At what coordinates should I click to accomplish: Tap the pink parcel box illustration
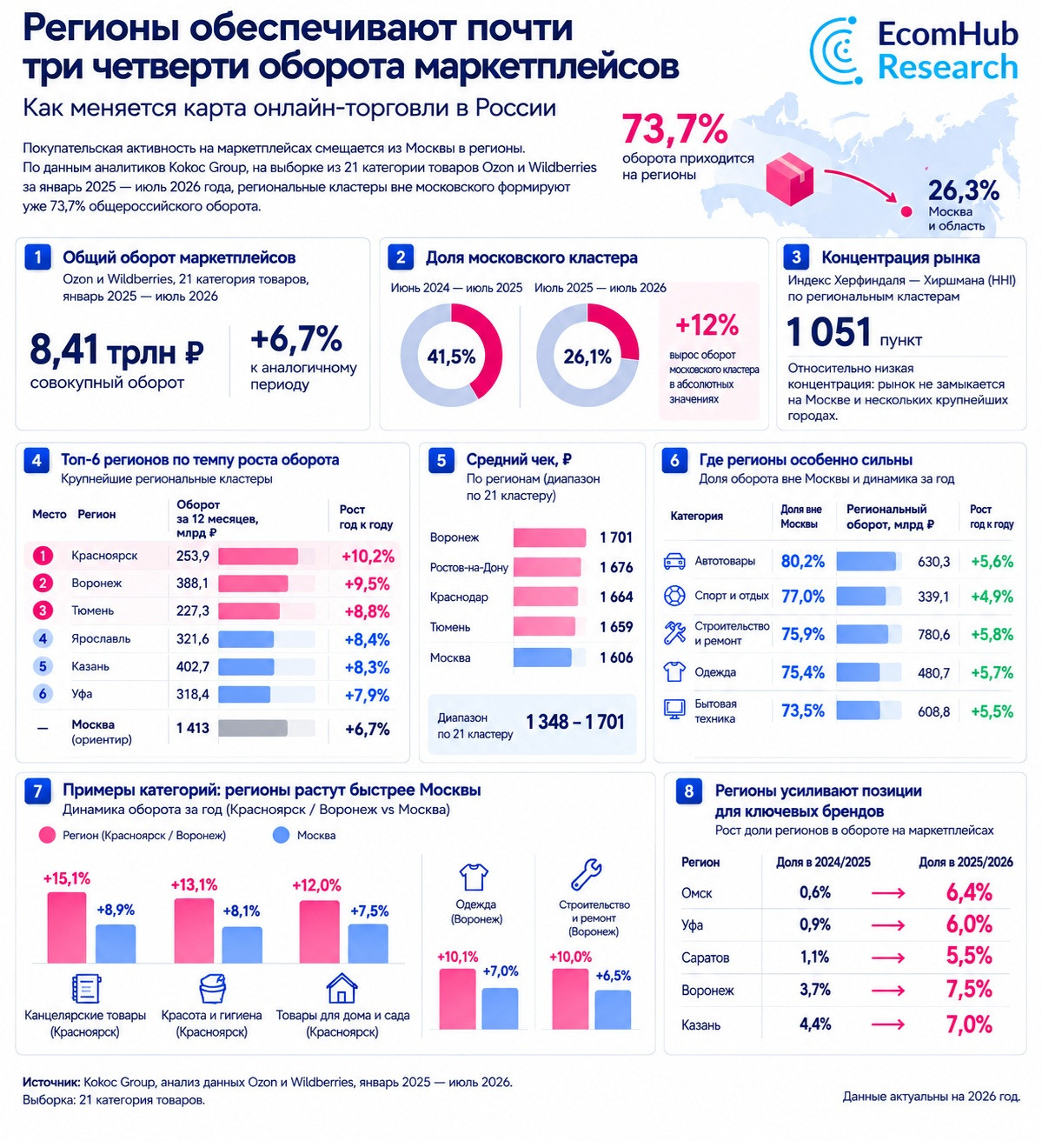click(790, 178)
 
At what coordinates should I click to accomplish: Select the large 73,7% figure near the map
click(674, 129)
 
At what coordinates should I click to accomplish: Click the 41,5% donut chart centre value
click(451, 357)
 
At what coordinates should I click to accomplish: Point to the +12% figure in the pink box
click(707, 324)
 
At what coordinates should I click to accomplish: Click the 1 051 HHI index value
click(829, 331)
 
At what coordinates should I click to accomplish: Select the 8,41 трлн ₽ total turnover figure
click(116, 350)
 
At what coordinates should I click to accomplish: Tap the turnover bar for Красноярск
click(258, 556)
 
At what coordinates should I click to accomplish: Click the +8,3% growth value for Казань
click(368, 667)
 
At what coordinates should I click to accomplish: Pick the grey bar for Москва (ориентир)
click(253, 728)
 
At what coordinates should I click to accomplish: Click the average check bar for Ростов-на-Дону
click(547, 567)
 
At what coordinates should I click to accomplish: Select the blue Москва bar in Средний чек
click(542, 657)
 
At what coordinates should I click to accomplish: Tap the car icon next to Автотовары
click(674, 562)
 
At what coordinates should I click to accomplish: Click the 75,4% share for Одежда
click(803, 672)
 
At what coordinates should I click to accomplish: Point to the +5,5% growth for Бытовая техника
click(992, 711)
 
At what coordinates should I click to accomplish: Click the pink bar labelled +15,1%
click(67, 928)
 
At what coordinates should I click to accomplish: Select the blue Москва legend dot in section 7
click(282, 835)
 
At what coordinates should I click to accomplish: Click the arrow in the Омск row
click(888, 893)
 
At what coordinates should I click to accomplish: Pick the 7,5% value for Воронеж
click(969, 990)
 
